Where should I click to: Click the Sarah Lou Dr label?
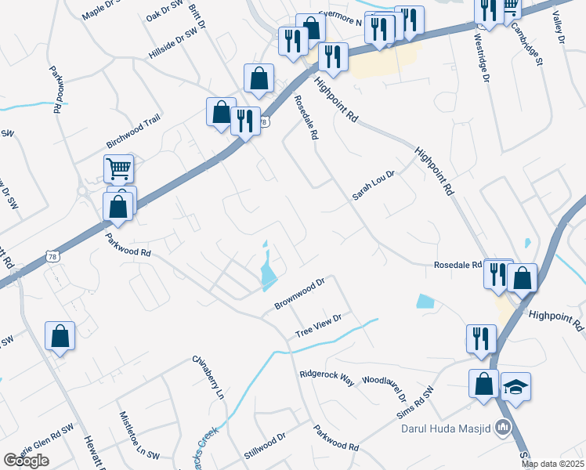click(372, 183)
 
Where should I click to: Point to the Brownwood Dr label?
click(299, 293)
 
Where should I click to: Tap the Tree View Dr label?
click(319, 327)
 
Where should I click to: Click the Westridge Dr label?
click(479, 58)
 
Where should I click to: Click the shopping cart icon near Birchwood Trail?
click(118, 167)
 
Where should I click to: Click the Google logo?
click(26, 461)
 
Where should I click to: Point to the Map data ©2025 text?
click(553, 464)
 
